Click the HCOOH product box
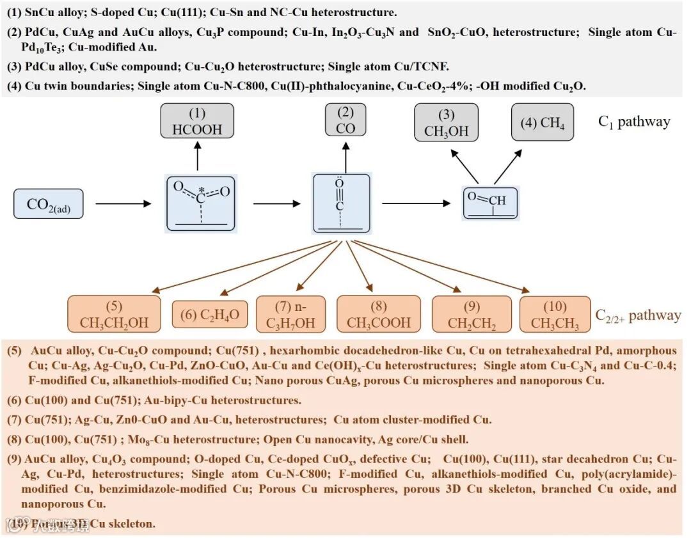pos(197,122)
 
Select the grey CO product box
pos(345,121)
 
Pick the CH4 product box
pos(543,122)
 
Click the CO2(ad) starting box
pos(49,205)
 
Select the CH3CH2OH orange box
pos(114,314)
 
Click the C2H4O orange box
pos(210,314)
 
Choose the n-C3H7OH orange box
pos(290,314)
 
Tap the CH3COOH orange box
pos(379,314)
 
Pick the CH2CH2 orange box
pos(472,314)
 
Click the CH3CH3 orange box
pos(555,314)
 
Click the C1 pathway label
pos(634,122)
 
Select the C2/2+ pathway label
pos(638,315)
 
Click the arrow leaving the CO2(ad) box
pos(123,204)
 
